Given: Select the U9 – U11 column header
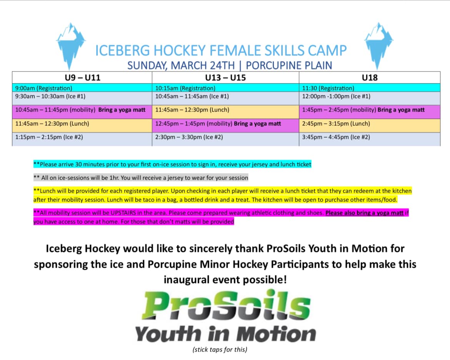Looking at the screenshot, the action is pos(82,78).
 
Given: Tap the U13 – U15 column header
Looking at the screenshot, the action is pos(225,78).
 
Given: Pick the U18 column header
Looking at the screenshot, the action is pos(370,78).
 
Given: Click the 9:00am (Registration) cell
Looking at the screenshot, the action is pos(82,88).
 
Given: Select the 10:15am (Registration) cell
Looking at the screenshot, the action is pos(225,88).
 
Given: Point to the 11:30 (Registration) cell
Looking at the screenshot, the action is pos(370,88).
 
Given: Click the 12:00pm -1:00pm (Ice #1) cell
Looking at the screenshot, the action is pos(370,98).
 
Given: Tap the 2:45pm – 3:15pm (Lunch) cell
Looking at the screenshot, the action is pos(370,125).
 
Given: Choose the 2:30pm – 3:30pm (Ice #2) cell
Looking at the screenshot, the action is pos(225,139).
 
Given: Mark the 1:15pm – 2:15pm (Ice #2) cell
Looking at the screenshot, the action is pos(82,139).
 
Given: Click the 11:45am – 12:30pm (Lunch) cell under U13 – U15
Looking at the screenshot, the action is pos(225,112).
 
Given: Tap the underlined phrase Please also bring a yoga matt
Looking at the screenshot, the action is pos(364,213).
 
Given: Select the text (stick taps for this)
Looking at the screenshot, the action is pos(220,349).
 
